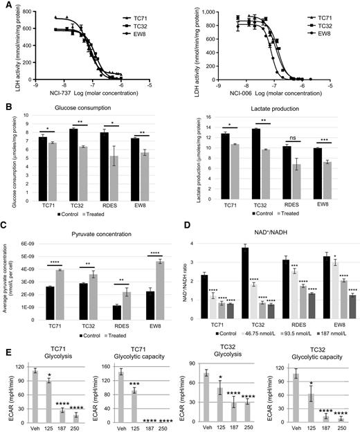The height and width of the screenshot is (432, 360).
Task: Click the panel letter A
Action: click(x=7, y=6)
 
